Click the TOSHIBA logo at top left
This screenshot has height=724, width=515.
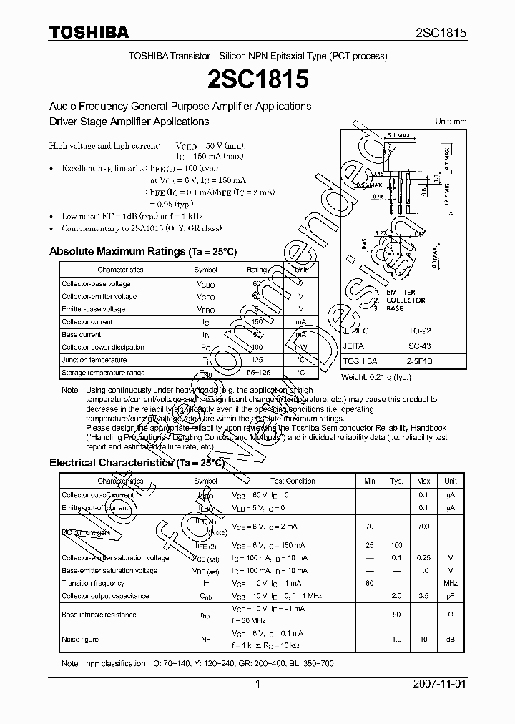89,32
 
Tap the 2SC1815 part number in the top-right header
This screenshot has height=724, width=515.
441,33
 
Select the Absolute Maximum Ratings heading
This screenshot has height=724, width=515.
142,251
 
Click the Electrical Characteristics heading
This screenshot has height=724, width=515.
137,463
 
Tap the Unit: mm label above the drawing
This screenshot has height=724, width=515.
451,122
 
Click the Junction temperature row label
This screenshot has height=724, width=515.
94,360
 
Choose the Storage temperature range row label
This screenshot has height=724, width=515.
103,373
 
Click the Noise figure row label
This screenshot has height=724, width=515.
80,640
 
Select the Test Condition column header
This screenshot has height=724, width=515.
292,481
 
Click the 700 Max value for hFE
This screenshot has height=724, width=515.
423,526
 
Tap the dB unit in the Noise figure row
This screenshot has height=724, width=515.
451,640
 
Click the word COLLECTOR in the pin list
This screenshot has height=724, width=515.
405,300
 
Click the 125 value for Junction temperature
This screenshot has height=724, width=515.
257,360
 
